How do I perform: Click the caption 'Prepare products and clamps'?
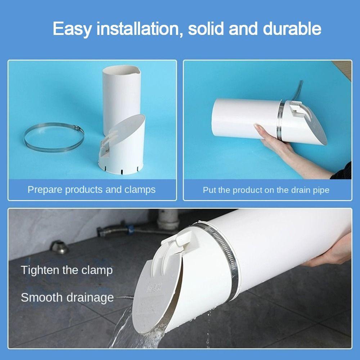[91, 190]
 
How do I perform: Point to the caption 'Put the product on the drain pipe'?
[266, 190]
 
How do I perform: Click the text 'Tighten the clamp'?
[67, 270]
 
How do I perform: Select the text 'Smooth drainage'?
[67, 298]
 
